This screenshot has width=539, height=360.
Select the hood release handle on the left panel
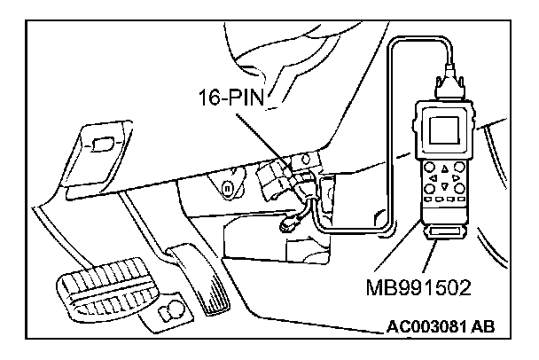pos(103,141)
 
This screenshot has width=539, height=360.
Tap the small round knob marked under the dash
pos(229,187)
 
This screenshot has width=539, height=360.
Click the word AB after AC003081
pos(483,326)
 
